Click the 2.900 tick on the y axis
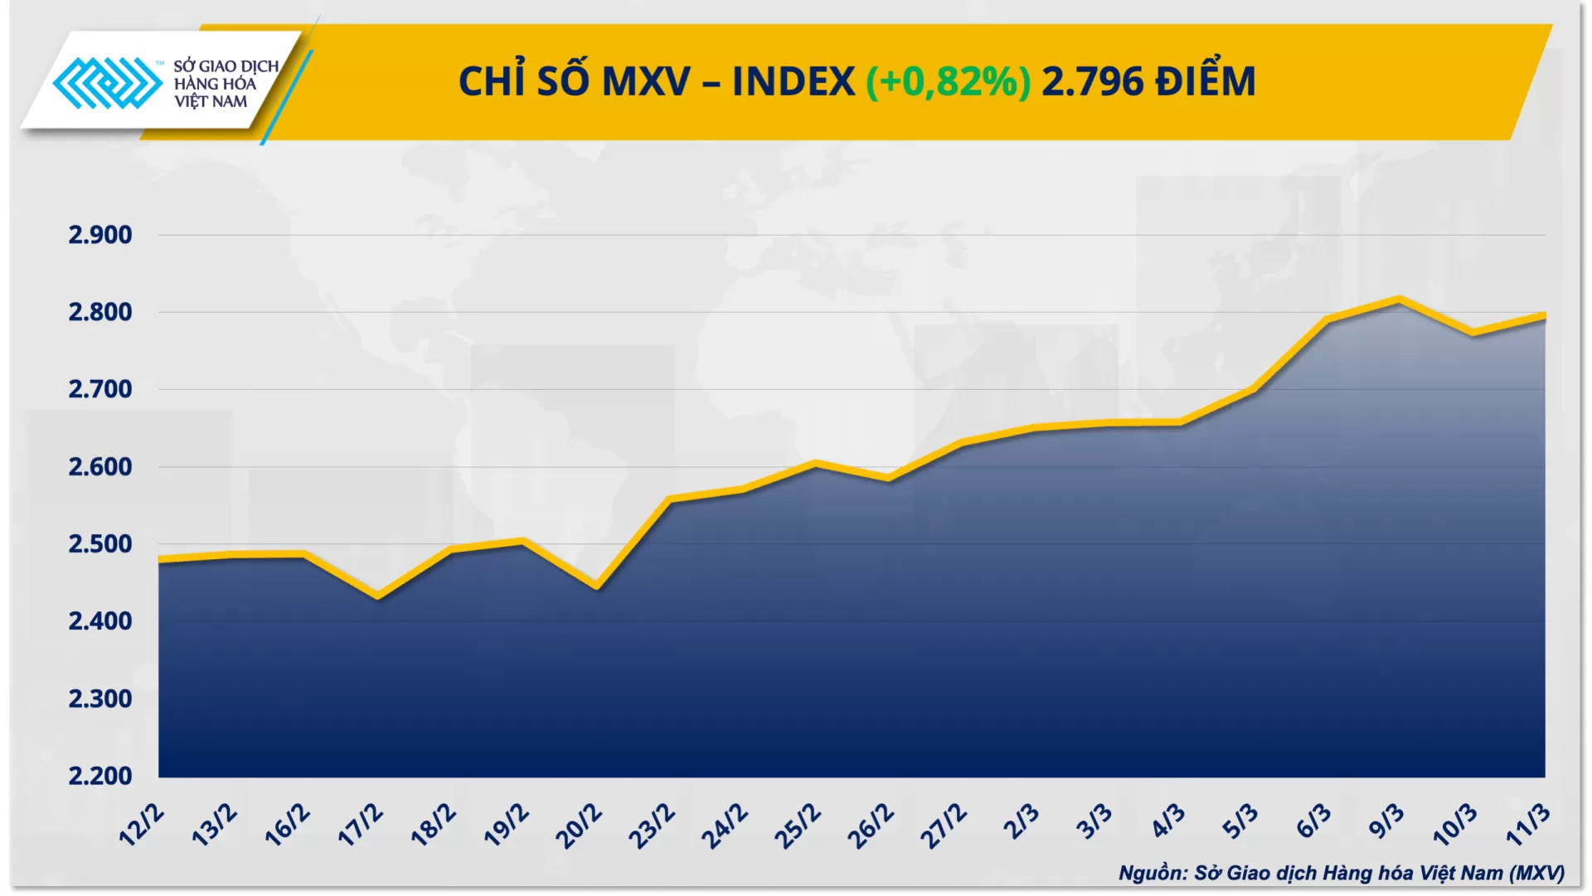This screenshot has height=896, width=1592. click(99, 235)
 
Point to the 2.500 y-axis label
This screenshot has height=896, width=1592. click(99, 544)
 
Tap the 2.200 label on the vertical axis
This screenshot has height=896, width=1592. click(99, 776)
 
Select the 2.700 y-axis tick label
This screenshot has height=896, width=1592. click(99, 389)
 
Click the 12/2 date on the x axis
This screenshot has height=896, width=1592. click(142, 825)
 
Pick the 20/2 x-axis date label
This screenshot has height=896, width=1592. click(579, 826)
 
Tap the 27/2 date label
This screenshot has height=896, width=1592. click(944, 826)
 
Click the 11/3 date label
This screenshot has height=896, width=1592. click(1527, 825)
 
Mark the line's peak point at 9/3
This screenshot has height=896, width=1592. click(1400, 299)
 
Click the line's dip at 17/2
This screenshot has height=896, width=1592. click(378, 596)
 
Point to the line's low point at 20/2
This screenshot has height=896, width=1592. click(597, 587)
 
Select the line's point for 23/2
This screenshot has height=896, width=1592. click(670, 499)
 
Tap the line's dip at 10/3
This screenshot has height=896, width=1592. click(1473, 333)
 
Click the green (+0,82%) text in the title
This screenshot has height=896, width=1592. click(948, 81)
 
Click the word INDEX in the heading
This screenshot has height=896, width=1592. click(793, 81)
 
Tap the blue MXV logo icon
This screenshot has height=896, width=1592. click(108, 83)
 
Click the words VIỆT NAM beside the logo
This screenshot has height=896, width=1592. click(211, 102)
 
